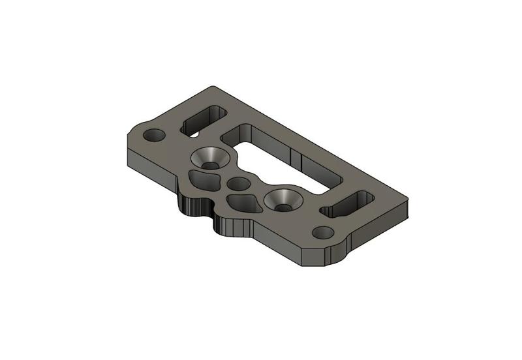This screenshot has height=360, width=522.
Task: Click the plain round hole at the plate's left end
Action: [155, 136]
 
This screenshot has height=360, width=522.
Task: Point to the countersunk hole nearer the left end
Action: [210, 158]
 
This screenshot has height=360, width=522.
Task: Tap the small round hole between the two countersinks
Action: [239, 184]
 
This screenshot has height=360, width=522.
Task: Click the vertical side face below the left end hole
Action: [147, 162]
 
